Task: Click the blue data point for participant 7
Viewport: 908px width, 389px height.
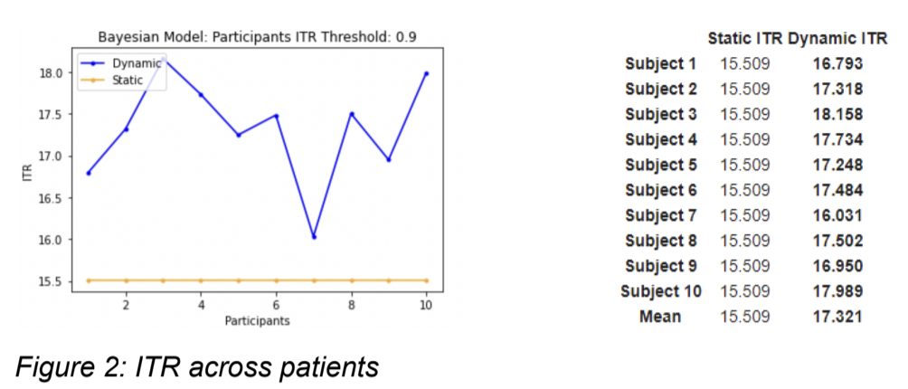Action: tap(314, 237)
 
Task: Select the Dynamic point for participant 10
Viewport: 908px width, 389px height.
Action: tap(426, 73)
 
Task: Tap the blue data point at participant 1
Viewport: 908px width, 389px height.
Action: tap(88, 173)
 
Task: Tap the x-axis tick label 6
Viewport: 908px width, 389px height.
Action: tap(276, 305)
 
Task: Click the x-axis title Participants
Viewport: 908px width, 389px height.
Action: tap(257, 320)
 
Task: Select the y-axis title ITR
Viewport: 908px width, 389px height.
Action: tap(26, 174)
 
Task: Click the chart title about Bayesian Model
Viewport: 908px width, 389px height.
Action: tap(257, 38)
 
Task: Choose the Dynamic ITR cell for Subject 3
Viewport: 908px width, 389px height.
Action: tap(838, 115)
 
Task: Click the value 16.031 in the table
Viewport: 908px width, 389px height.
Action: tap(838, 215)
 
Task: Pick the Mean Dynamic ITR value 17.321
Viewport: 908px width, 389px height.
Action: tap(838, 317)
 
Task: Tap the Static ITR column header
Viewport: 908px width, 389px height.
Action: tap(745, 39)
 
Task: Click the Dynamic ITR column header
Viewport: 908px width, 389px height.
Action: tap(837, 39)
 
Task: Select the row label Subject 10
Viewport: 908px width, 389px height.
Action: tap(661, 291)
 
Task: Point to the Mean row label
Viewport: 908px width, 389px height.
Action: tap(661, 317)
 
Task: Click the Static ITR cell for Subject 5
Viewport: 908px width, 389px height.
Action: tap(744, 165)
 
